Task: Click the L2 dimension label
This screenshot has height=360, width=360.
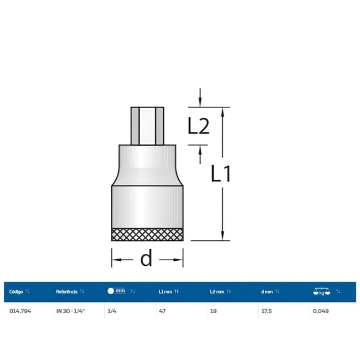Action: click(x=199, y=126)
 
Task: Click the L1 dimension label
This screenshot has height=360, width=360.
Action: click(x=220, y=173)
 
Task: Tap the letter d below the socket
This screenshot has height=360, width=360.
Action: click(x=146, y=258)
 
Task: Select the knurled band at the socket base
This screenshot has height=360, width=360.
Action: click(x=147, y=235)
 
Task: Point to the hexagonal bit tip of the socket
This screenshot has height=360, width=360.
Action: click(x=147, y=126)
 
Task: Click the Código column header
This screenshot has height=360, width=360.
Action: click(x=16, y=291)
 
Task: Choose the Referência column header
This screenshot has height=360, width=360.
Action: click(x=66, y=291)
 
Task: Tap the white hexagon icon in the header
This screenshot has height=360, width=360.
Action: click(x=111, y=291)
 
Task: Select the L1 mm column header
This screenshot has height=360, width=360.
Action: click(x=165, y=291)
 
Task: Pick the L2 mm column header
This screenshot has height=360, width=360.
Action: click(x=217, y=291)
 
